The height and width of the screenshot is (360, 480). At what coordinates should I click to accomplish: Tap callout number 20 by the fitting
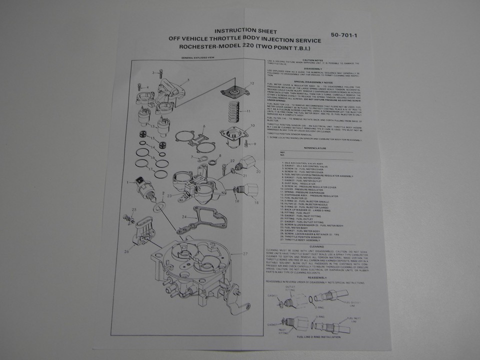click(x=258, y=171)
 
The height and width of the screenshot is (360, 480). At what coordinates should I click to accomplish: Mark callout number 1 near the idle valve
click(x=128, y=182)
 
